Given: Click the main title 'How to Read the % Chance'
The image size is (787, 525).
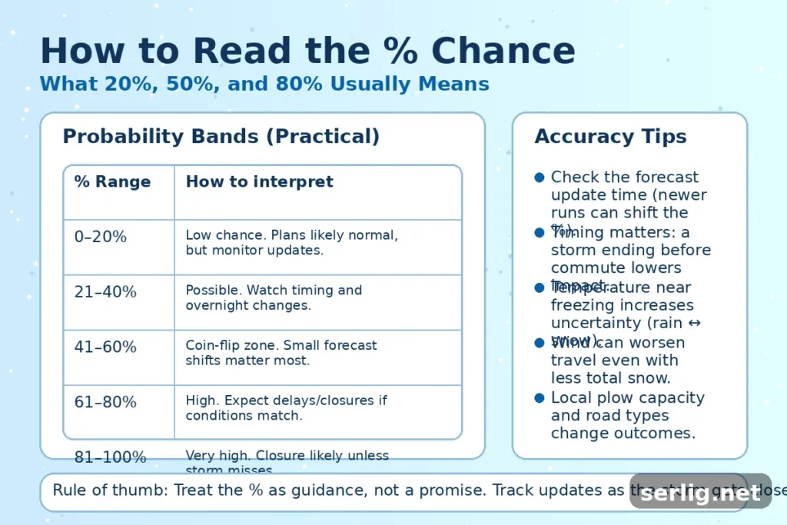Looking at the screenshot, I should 307,51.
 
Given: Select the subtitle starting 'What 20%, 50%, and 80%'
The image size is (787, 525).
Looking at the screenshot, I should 264,83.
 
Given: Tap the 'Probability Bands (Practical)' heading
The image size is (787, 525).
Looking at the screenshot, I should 221,137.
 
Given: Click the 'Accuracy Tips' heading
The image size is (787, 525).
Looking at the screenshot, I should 610,137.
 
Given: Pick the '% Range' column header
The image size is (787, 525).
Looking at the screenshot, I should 112,182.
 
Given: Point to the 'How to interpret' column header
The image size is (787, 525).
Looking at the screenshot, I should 259,182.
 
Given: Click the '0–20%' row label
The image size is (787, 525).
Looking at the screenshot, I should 100,238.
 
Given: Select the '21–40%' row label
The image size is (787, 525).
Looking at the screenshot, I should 105,292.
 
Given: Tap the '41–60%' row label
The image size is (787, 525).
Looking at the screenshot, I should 105,347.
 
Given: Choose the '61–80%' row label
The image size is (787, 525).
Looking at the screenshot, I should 105,402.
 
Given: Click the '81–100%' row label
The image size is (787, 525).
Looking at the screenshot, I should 110,457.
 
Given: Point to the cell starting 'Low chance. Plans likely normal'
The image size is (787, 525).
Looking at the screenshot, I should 291,242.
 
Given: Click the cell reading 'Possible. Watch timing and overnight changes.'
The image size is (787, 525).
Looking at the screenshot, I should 273,297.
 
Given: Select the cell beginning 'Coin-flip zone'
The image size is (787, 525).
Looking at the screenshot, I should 281,353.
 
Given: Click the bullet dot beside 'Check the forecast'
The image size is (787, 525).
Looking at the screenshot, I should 539,178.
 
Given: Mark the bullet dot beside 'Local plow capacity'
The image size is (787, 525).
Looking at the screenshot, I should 539,398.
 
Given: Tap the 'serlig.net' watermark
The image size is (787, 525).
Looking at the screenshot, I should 700,493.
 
